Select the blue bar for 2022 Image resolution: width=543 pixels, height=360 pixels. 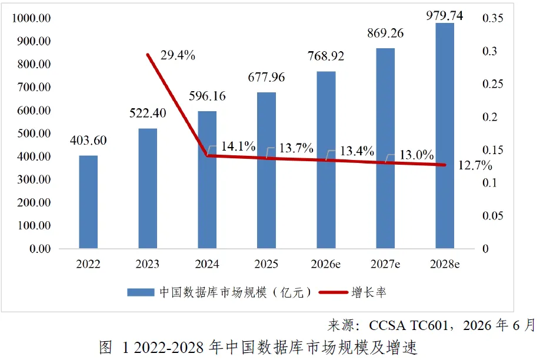click(88, 202)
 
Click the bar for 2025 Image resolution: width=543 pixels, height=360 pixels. click(266, 171)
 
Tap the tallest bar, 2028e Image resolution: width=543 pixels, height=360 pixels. click(445, 136)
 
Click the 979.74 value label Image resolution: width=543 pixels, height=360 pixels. click(444, 15)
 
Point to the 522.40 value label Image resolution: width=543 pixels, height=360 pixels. click(148, 113)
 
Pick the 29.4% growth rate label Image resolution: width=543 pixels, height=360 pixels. click(178, 55)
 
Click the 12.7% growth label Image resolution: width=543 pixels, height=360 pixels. click(475, 165)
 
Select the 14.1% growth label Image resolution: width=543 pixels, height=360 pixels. click(238, 146)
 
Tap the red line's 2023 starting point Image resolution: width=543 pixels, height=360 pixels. click(148, 55)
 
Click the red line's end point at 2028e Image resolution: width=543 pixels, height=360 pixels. click(445, 165)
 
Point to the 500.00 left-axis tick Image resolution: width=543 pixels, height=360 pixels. click(34, 134)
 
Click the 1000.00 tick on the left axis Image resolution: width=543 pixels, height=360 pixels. click(31, 18)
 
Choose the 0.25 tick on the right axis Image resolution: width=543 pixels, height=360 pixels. click(492, 84)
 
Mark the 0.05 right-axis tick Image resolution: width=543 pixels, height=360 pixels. click(492, 216)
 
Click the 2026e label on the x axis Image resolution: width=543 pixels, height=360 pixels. click(325, 264)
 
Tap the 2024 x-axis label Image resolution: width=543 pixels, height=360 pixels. click(206, 264)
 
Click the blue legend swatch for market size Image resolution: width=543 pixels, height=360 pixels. click(141, 292)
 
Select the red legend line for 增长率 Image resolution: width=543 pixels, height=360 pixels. click(333, 292)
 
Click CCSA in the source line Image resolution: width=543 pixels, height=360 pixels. click(387, 325)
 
